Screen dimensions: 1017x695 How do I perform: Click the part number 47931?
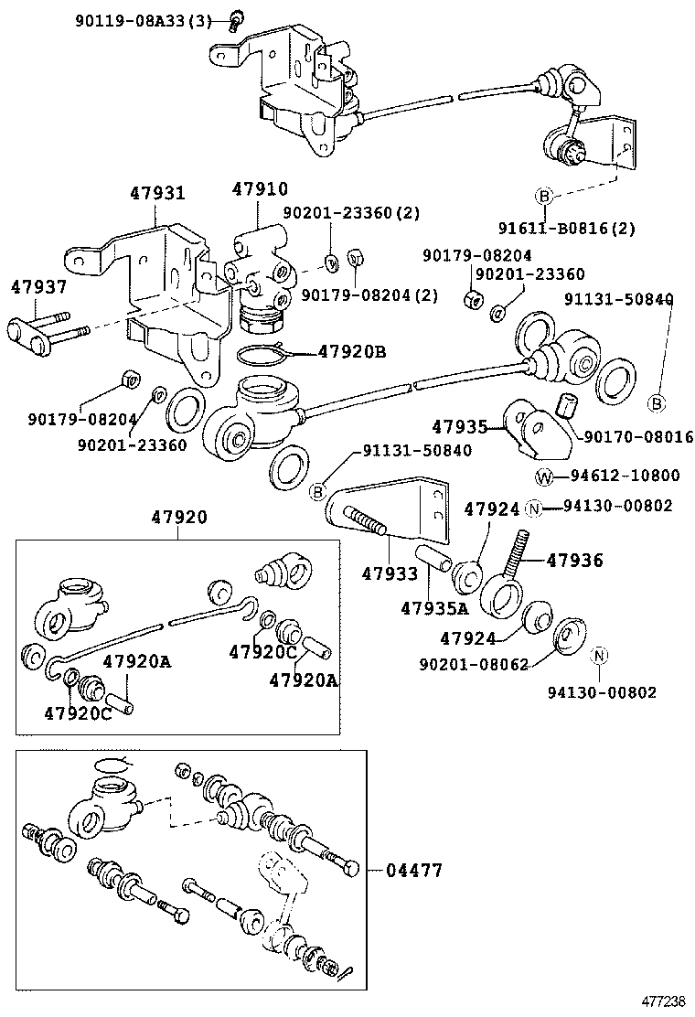156,194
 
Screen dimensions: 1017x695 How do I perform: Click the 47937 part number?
38,287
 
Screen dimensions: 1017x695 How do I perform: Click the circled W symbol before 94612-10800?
543,476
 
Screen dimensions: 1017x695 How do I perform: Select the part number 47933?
389,574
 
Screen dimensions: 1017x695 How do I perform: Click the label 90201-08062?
474,665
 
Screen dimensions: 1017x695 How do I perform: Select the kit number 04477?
409,871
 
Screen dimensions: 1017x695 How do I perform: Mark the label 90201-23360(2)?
351,213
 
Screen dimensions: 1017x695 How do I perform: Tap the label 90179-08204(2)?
369,294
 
